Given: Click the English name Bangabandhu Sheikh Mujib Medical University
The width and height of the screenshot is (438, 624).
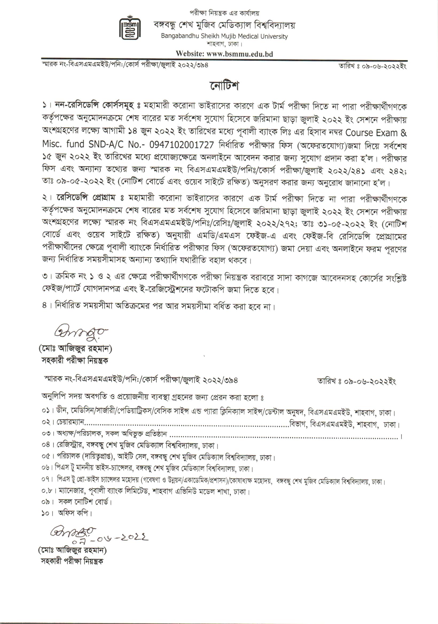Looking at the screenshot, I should coord(224,36).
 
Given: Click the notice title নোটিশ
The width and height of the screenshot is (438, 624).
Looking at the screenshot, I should coord(224,86).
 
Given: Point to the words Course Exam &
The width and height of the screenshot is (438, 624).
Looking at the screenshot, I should coord(376,133).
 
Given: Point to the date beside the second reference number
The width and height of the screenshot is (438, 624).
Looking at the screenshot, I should coord(357,381).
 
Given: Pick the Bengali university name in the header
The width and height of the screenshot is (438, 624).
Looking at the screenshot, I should coord(224,25).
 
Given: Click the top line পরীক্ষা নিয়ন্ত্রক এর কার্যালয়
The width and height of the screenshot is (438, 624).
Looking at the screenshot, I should coord(224,13).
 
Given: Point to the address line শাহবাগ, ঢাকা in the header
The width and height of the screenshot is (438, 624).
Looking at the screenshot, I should coord(224,44).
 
